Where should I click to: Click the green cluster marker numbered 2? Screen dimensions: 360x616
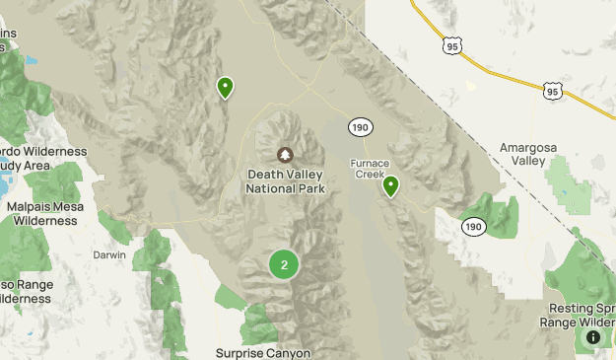284,263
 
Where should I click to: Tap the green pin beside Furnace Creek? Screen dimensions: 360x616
390,185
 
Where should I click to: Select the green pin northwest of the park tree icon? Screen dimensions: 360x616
226,88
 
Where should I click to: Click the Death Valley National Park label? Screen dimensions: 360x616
285,181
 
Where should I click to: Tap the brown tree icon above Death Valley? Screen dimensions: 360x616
285,155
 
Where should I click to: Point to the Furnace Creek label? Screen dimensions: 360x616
370,168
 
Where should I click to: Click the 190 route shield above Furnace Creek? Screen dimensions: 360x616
361,127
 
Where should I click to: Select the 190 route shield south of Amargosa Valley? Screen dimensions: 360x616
475,227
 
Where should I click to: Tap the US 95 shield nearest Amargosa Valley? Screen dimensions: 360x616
552,91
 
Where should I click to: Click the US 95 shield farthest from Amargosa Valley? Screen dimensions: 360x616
452,45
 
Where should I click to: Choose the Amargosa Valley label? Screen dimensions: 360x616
527,154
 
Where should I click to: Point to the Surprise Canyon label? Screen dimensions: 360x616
263,352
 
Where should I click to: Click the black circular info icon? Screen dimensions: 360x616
593,337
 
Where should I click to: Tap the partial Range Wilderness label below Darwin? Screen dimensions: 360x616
25,291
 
